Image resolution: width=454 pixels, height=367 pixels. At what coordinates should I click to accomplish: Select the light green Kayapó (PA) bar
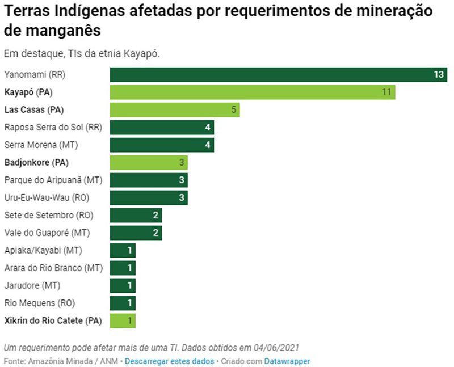253,92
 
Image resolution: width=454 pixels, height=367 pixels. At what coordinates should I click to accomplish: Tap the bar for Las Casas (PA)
175,109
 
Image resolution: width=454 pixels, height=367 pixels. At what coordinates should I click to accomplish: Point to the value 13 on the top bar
438,74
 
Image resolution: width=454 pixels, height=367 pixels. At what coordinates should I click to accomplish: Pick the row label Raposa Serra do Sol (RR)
53,127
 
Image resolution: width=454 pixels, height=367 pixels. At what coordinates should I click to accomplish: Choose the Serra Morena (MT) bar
162,145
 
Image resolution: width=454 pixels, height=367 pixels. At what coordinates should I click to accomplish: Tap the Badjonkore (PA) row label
36,162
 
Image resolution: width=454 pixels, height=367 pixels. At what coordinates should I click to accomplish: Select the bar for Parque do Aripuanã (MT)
149,180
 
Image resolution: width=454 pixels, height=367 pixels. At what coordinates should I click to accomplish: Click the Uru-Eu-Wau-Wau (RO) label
47,197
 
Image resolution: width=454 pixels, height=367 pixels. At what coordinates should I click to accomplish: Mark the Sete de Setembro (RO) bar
136,215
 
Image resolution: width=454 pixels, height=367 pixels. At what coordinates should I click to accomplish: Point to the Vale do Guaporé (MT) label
47,233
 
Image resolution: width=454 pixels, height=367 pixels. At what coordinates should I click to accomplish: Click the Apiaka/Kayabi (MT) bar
123,250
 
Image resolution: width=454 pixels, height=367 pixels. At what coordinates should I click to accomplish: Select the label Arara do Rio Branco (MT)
53,268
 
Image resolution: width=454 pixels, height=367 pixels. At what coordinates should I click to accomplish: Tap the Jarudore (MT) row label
32,285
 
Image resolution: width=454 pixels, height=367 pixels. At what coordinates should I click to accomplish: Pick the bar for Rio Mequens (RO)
123,303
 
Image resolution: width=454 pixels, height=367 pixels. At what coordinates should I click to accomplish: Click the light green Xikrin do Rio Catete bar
123,320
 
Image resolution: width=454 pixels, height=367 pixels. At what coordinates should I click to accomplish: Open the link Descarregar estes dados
169,361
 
